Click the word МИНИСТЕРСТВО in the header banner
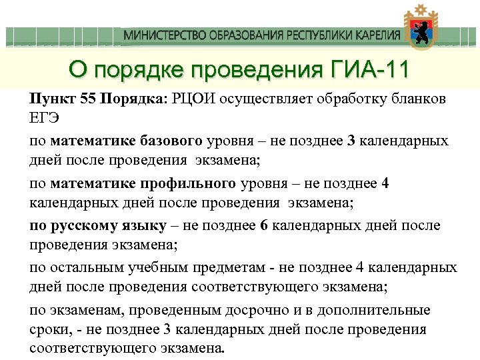[159, 35]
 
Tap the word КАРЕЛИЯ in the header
[375, 35]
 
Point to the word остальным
[81, 268]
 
